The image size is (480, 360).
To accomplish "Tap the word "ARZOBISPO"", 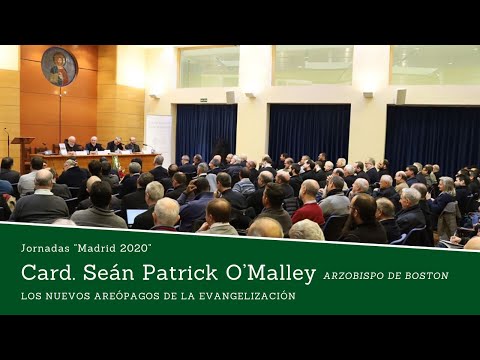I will (357, 275).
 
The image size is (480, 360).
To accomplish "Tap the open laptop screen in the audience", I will (136, 216).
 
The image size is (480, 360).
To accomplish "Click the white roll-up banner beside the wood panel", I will (159, 134).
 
